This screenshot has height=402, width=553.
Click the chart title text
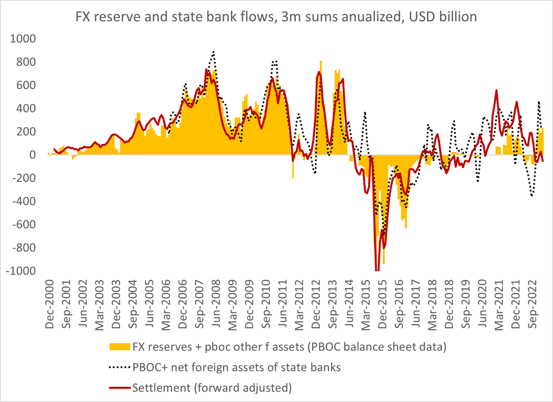(x=276, y=17)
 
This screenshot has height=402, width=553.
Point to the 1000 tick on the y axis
(x=23, y=39)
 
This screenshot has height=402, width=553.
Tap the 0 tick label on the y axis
(x=32, y=155)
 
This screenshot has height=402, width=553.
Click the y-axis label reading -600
(x=24, y=224)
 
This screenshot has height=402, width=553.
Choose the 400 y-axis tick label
(x=26, y=108)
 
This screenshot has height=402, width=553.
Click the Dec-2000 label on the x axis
(x=50, y=304)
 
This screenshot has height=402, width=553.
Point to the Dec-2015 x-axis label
(x=382, y=304)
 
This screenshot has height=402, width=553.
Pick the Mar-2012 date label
(x=299, y=305)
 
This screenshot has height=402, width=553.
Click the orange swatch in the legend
(x=120, y=347)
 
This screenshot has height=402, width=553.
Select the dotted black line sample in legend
(x=120, y=368)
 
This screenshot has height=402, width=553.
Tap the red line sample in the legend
(x=120, y=388)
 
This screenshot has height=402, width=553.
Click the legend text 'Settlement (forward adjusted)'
(x=212, y=388)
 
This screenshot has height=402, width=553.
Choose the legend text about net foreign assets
(x=236, y=367)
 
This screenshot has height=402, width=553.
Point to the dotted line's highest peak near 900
(x=213, y=52)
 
